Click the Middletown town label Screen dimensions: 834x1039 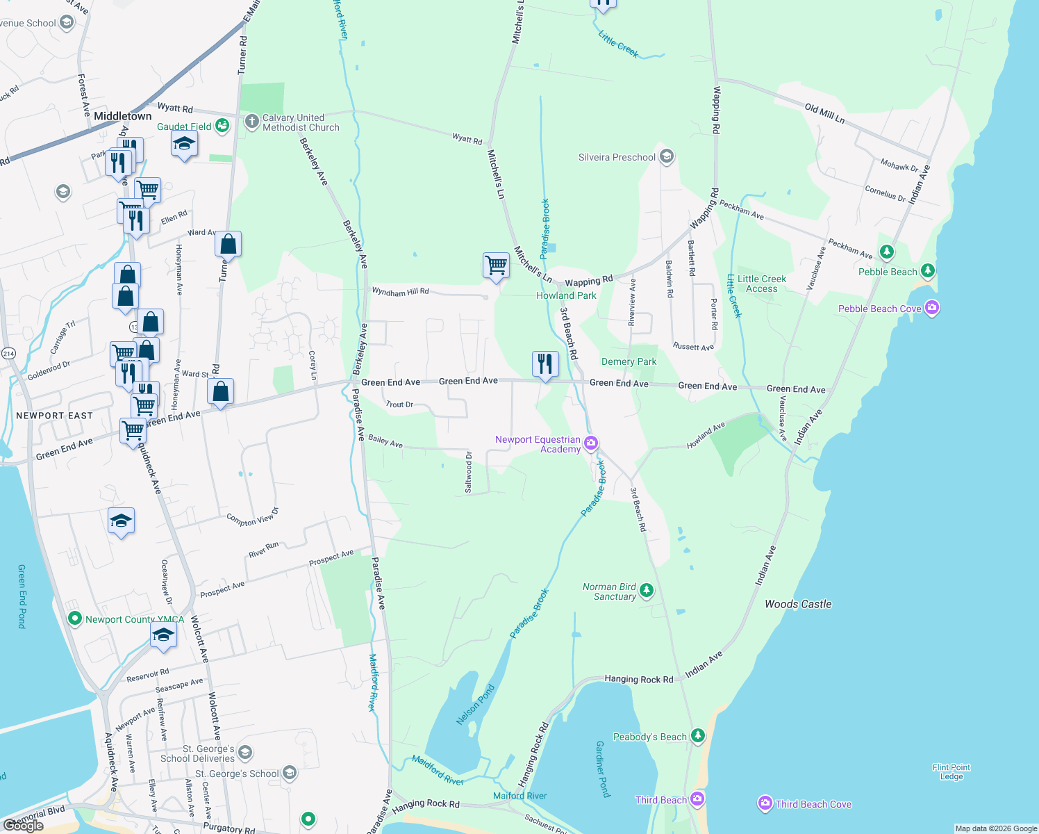[122, 116]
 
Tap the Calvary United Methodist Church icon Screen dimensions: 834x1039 [252, 122]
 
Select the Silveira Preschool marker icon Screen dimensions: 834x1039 [667, 156]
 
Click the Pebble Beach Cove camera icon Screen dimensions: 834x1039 [932, 307]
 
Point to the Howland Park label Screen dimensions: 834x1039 [566, 295]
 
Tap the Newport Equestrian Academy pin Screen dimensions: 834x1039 [591, 443]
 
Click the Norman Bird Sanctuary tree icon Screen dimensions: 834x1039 [647, 591]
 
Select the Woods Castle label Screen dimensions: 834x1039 [798, 604]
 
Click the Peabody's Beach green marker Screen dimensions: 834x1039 [698, 735]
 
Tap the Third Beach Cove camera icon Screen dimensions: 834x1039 [765, 803]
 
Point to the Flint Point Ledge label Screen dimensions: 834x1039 [951, 771]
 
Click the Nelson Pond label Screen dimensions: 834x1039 [476, 705]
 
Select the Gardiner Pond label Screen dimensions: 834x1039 [602, 768]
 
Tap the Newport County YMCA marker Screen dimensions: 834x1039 [75, 618]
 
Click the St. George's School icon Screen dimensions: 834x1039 [290, 772]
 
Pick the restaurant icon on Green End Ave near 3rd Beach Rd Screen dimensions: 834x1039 [545, 363]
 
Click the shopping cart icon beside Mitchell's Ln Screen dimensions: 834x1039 [496, 265]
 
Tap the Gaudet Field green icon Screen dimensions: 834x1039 [222, 126]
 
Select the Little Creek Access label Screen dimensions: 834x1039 [762, 284]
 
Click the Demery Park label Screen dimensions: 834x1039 [629, 361]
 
